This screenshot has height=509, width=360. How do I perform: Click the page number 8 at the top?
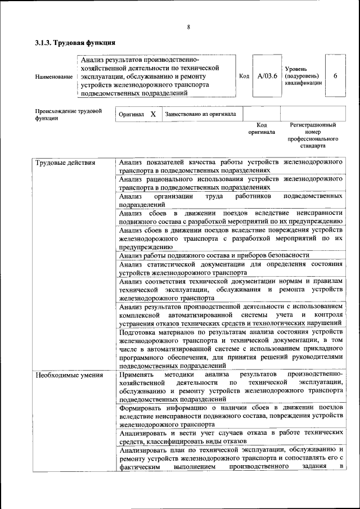189,27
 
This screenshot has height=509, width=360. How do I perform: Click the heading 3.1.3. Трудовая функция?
75,42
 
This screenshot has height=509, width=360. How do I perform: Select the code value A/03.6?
267,76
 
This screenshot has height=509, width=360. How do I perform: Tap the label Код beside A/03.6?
244,76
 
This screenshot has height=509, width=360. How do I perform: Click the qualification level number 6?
335,76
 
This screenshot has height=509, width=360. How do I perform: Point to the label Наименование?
53,76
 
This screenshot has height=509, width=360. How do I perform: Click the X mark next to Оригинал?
152,114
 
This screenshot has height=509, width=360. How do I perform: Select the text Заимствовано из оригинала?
200,114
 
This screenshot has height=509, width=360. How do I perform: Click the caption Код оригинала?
262,128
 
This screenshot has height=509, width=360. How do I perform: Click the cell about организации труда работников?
231,201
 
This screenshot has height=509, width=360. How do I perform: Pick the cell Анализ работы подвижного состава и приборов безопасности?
214,255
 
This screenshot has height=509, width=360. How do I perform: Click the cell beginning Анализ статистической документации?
231,268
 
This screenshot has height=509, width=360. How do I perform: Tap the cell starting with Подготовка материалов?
231,349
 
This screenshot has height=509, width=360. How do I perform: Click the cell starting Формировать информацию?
231,416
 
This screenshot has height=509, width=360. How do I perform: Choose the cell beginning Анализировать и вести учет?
231,437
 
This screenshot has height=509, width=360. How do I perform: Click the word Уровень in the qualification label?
296,68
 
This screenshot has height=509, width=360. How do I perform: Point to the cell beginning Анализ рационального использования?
231,183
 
